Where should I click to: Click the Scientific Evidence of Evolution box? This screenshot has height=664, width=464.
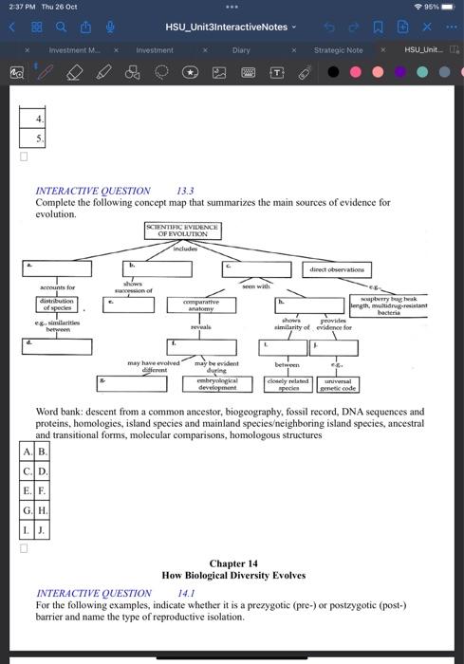tap(182, 231)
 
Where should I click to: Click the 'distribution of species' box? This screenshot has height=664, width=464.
tap(58, 304)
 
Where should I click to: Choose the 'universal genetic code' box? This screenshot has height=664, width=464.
tap(337, 384)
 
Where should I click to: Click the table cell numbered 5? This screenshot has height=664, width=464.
tap(39, 139)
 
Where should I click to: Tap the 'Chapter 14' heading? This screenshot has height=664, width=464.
tap(232, 563)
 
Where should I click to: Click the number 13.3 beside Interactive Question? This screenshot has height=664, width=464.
tap(186, 191)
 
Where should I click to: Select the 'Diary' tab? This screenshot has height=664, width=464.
tap(241, 49)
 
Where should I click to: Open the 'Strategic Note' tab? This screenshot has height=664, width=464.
tap(338, 49)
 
